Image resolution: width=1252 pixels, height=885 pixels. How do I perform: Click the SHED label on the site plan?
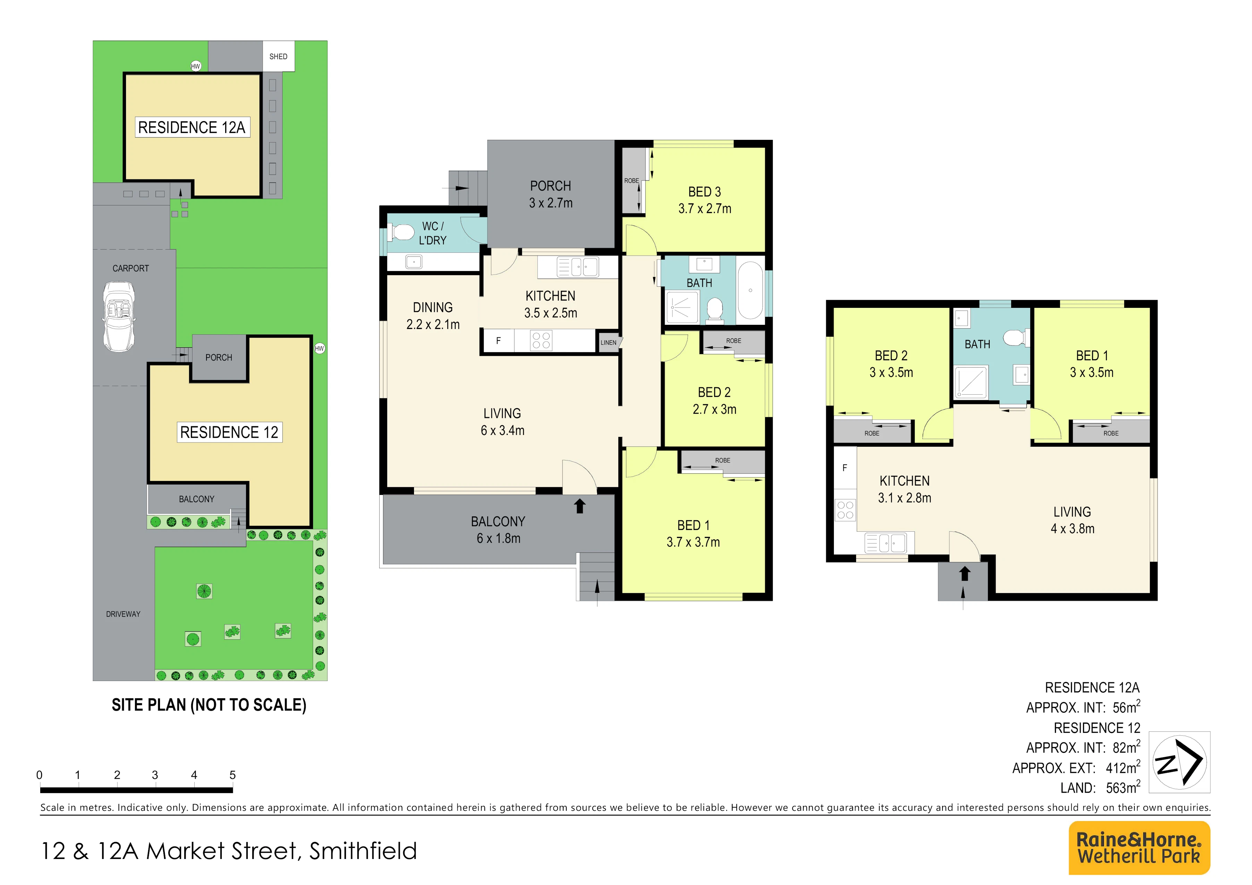[x=278, y=57]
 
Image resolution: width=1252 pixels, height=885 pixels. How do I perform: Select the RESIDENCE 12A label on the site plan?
[x=192, y=128]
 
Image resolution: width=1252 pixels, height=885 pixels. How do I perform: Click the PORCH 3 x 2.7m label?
[x=551, y=194]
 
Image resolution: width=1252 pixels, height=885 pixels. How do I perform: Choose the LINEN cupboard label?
[x=609, y=343]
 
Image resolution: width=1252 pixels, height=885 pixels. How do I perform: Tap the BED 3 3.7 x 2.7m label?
[x=704, y=200]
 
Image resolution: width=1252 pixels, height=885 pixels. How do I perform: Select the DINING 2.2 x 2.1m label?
[x=433, y=316]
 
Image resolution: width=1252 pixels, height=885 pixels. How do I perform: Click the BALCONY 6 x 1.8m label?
[x=498, y=530]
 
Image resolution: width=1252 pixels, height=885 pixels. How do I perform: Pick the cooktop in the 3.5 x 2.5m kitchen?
[x=541, y=341]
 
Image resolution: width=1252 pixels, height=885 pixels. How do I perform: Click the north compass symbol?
[x=1179, y=762]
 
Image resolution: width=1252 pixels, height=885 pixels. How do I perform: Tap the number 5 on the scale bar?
[x=232, y=775]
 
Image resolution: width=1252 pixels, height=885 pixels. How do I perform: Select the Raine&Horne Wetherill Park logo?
[x=1139, y=848]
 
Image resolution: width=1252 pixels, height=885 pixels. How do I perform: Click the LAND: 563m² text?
[x=1100, y=787]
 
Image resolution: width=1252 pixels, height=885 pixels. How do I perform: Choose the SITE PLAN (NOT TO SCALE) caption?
[x=209, y=705]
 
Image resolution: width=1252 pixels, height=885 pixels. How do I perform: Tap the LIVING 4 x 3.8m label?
[x=1073, y=520]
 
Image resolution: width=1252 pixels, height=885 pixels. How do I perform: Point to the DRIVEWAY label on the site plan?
[x=123, y=614]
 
